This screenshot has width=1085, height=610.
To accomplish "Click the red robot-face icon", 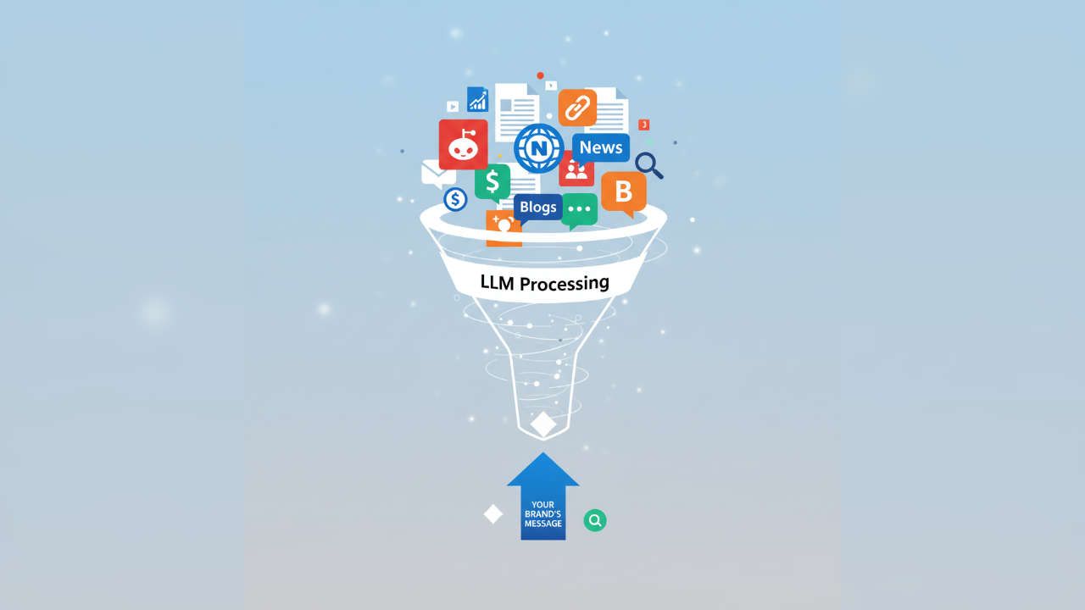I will pyautogui.click(x=463, y=144).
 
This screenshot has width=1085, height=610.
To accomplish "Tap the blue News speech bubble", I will pyautogui.click(x=601, y=147).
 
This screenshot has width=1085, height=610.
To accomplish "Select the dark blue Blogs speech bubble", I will pyautogui.click(x=537, y=207).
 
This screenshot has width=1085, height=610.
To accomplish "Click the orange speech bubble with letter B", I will pyautogui.click(x=624, y=192).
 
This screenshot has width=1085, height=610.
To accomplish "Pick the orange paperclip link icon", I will pyautogui.click(x=577, y=108).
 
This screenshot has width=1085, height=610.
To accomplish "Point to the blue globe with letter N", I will pyautogui.click(x=538, y=148).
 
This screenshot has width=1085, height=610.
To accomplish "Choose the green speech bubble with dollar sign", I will pyautogui.click(x=492, y=182).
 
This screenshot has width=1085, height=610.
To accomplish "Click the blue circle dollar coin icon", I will pyautogui.click(x=455, y=199).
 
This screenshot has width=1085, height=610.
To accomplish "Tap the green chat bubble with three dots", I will pyautogui.click(x=580, y=209).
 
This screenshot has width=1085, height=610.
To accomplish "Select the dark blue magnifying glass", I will pyautogui.click(x=648, y=164).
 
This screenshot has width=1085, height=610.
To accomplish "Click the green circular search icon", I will pyautogui.click(x=595, y=520).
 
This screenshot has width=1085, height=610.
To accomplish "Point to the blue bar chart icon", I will pyautogui.click(x=478, y=100).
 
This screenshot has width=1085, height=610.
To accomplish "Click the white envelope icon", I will pyautogui.click(x=437, y=174).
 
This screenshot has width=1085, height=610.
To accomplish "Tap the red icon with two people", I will pyautogui.click(x=576, y=170).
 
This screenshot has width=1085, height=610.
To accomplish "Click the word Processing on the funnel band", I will pyautogui.click(x=565, y=283).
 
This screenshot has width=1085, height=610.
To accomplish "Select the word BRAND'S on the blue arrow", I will pyautogui.click(x=543, y=514).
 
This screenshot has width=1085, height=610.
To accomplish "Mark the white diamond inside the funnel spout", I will pyautogui.click(x=543, y=424).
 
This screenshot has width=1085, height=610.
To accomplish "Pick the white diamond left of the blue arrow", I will pyautogui.click(x=493, y=514).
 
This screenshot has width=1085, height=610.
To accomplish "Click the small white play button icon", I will pyautogui.click(x=453, y=107).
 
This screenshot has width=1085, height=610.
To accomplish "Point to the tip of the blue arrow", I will pyautogui.click(x=543, y=454).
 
